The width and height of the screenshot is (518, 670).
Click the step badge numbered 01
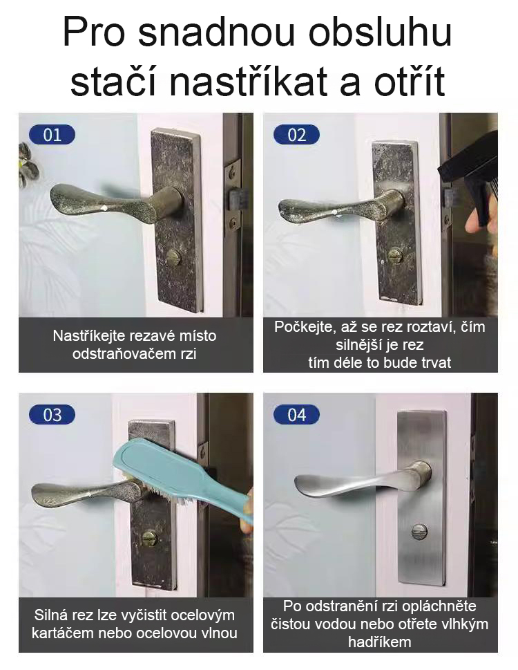coord(52,134)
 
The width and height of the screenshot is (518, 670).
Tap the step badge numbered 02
coord(296,134)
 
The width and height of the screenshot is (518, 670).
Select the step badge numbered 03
coord(52,415)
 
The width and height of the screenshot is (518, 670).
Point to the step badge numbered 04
coord(296,415)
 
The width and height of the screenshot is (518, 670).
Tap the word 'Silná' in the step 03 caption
coord(52,615)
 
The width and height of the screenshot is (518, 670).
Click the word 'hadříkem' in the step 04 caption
coord(380,642)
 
